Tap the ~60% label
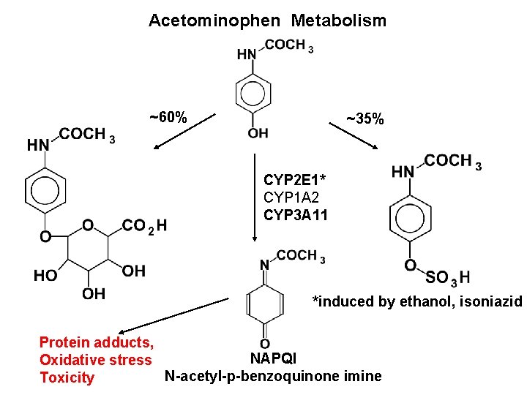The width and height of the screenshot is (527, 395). (x=168, y=118)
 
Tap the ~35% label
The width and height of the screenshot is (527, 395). (x=365, y=118)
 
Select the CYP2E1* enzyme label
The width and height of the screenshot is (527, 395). (x=294, y=180)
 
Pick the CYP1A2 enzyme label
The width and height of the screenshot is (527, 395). (x=291, y=197)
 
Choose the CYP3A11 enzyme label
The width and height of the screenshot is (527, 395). (x=296, y=215)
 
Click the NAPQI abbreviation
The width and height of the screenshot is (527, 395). (x=273, y=358)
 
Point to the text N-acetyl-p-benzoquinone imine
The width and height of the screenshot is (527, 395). (x=273, y=377)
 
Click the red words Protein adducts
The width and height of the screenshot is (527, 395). (x=96, y=342)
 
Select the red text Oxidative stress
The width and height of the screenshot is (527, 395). (x=95, y=360)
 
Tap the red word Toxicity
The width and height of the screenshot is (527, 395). (x=67, y=377)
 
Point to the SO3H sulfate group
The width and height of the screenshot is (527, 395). (x=447, y=278)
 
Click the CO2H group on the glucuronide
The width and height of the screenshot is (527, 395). (x=144, y=225)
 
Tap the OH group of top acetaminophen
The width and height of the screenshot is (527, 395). (x=258, y=133)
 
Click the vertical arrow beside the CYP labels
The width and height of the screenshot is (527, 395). (x=253, y=197)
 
